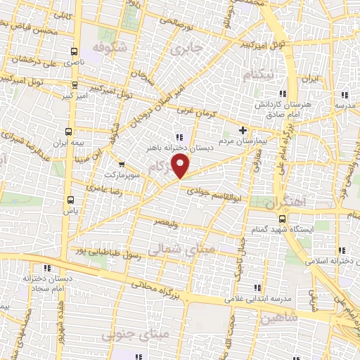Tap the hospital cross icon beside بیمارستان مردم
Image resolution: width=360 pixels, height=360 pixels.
pos(243,130)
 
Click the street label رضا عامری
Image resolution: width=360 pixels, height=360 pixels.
pos(104,188)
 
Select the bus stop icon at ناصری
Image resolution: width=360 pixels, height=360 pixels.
pos(75,51)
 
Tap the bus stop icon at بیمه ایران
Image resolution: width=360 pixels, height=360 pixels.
pos(69,131)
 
